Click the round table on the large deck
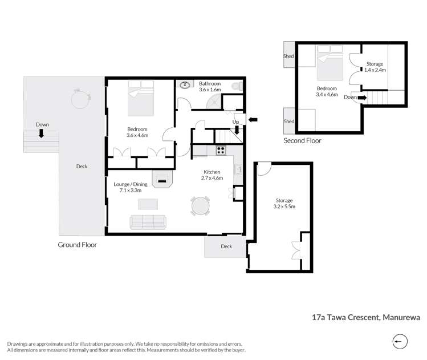[80, 99]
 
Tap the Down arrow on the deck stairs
[42, 134]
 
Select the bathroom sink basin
[185, 86]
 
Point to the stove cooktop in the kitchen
[221, 151]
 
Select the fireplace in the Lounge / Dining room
[162, 180]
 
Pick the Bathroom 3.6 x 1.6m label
[209, 87]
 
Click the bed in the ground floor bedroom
[140, 98]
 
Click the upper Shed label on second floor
[288, 56]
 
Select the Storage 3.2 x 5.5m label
[284, 204]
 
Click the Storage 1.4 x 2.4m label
[375, 67]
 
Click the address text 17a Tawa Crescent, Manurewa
[359, 314]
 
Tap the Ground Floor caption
[78, 245]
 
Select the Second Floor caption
[303, 140]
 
